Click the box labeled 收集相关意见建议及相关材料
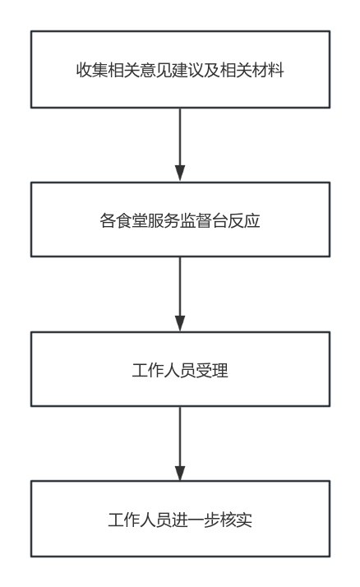[x=180, y=70]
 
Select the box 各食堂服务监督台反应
[x=180, y=220]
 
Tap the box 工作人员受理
[x=180, y=369]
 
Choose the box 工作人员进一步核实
[x=180, y=519]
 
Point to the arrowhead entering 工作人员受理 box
[x=180, y=323]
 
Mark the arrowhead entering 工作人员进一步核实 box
[x=180, y=473]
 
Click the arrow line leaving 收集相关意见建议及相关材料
[x=180, y=145]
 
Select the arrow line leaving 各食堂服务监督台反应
[x=180, y=293]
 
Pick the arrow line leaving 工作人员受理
[x=180, y=443]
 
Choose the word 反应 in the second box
[x=244, y=220]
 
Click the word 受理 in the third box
[x=212, y=371]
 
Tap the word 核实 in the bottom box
[x=236, y=520]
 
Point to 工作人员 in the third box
[x=164, y=371]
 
